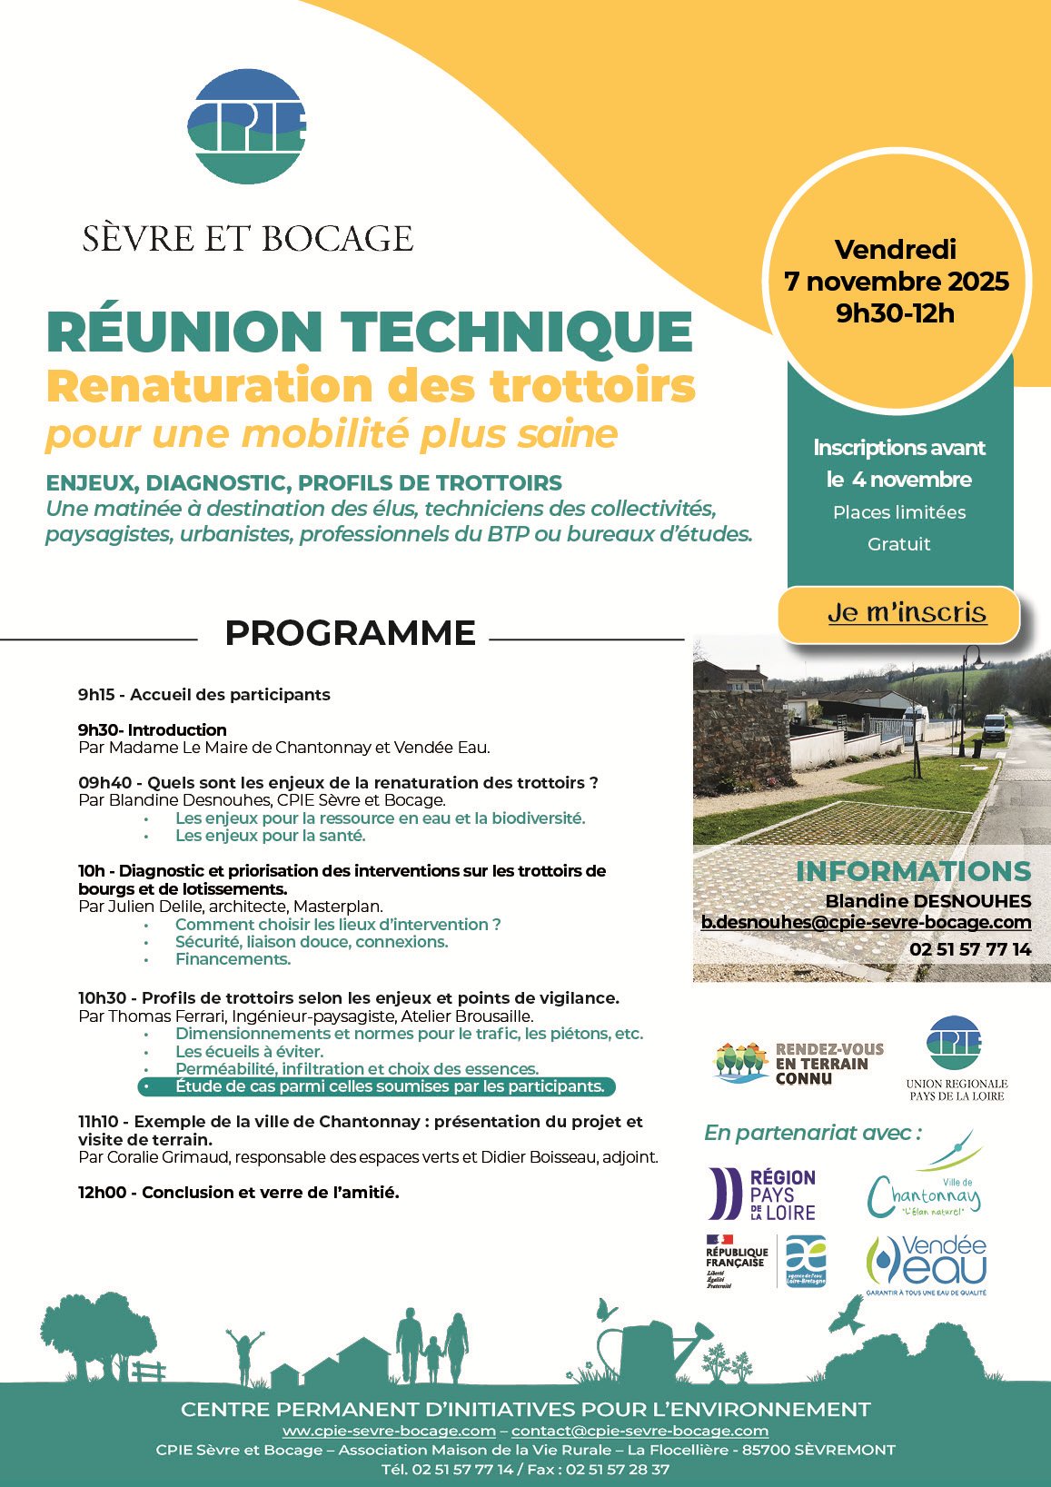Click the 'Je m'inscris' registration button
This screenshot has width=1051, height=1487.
(x=906, y=613)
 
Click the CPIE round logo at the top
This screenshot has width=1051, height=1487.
(x=246, y=126)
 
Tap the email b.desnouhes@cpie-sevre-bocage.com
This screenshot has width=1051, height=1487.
(x=866, y=922)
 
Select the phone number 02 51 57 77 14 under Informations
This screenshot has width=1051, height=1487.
(x=970, y=949)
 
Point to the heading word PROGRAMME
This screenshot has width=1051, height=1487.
(x=350, y=633)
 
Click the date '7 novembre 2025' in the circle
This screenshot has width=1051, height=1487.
(x=897, y=282)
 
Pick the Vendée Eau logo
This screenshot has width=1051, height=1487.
(x=927, y=1263)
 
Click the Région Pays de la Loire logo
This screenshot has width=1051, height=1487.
(x=762, y=1194)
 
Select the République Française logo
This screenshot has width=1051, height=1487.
(x=736, y=1261)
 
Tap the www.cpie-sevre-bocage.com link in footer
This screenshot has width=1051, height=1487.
(x=389, y=1431)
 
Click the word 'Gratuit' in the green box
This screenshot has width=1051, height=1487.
(x=899, y=544)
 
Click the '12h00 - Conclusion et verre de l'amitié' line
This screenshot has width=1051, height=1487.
(x=239, y=1193)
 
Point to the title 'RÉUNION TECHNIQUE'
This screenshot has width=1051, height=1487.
(x=370, y=332)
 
